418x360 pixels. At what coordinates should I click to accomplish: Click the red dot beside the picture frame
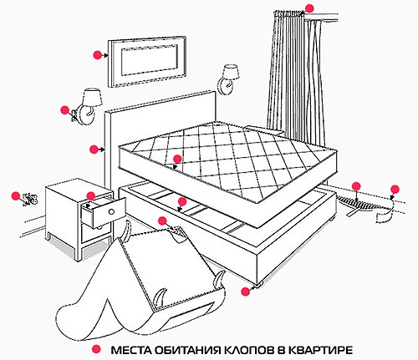click(x=98, y=54)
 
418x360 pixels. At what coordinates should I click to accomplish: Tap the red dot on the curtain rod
click(x=309, y=8)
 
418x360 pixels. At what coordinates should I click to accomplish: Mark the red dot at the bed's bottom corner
click(x=245, y=290)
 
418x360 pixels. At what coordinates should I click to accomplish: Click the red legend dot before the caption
click(x=97, y=348)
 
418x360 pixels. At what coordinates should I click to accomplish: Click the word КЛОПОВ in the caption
click(x=240, y=348)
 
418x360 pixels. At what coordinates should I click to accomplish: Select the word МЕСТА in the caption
click(x=130, y=348)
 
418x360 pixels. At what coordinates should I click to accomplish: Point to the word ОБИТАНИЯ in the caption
click(x=184, y=348)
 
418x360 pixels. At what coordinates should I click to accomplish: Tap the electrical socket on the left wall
click(x=30, y=199)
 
